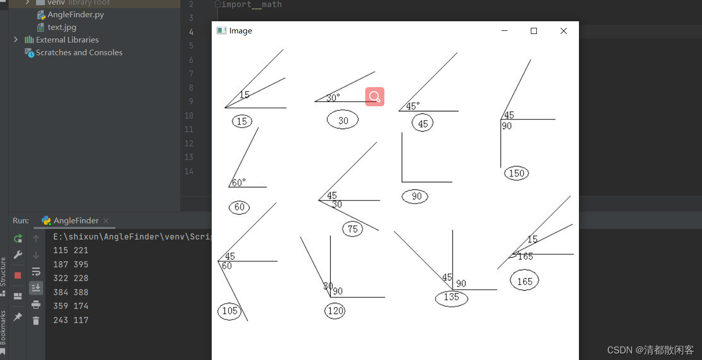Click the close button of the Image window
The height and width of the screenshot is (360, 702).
(x=564, y=31)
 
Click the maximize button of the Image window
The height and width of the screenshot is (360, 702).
(x=533, y=31)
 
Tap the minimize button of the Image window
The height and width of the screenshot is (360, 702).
(x=504, y=31)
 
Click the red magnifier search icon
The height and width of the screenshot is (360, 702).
(x=375, y=97)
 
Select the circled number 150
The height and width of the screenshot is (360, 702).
(x=517, y=173)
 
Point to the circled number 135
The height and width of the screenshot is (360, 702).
(x=451, y=298)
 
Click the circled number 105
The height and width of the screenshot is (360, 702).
(x=229, y=311)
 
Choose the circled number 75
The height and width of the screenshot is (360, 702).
(x=353, y=229)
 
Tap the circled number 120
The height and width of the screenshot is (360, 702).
(x=335, y=311)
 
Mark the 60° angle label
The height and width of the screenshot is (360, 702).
(x=239, y=182)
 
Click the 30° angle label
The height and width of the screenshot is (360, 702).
(x=333, y=98)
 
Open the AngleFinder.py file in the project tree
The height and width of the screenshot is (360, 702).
(x=75, y=15)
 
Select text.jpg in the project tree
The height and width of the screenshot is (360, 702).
(x=62, y=27)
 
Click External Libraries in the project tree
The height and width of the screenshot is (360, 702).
(x=67, y=39)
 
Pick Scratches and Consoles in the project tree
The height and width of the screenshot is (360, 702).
(x=79, y=53)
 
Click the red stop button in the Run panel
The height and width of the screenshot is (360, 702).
(x=18, y=275)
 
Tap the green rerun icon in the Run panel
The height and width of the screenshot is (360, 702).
(x=18, y=238)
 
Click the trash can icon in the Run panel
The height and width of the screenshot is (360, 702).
(x=36, y=321)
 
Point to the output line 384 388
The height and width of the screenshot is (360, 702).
(x=70, y=292)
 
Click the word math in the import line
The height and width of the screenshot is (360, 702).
(x=271, y=5)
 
